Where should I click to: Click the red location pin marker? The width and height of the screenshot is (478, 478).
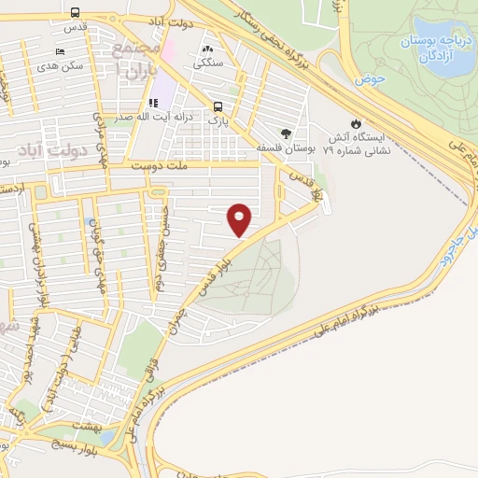pos(240,219)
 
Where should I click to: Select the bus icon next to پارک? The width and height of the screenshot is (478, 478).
pos(217,106)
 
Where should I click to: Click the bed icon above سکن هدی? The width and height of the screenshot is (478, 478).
pos(61,50)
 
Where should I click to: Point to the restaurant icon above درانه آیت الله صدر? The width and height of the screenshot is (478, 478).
pos(151,103)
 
